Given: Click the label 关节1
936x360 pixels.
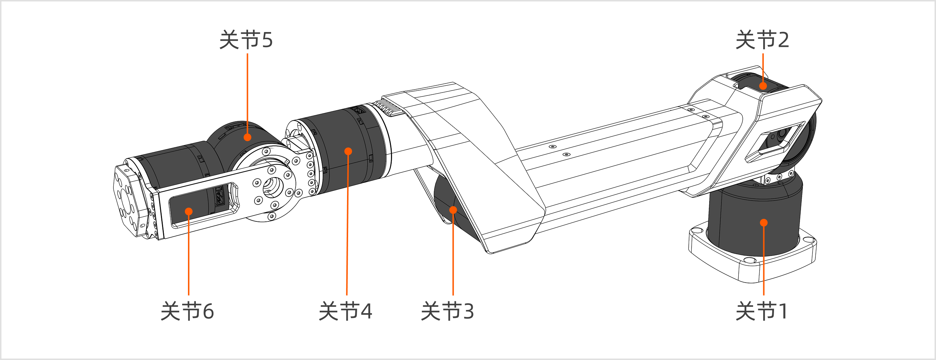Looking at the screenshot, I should tap(762, 311).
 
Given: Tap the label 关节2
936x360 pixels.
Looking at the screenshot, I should tap(762, 40).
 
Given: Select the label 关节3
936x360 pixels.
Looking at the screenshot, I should tap(447, 311).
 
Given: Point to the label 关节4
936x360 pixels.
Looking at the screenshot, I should tap(345, 311).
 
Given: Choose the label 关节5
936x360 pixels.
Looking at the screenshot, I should tap(246, 40).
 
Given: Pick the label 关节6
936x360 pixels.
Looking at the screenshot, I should tap(187, 311).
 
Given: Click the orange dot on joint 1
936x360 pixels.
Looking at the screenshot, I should tap(764, 223).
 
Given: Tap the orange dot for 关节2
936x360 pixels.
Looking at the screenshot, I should tap(763, 86).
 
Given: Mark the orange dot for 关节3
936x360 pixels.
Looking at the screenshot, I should tap(453, 210).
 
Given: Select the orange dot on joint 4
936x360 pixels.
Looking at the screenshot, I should tap(348, 151).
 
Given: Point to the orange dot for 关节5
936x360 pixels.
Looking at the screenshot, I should tap(247, 137).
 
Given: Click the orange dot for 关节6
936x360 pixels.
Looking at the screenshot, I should tap(189, 211).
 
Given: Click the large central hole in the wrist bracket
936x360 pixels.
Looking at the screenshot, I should tap(273, 187).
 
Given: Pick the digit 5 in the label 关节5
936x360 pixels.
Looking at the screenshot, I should tap(267, 40).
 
